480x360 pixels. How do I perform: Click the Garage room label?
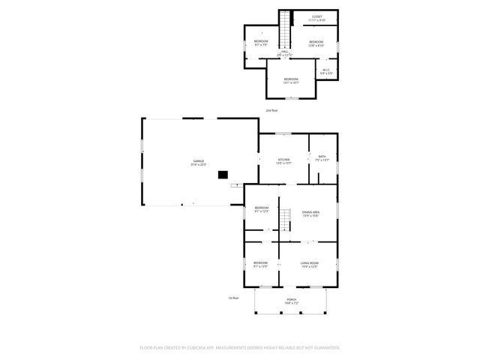199,163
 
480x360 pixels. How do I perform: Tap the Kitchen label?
284,161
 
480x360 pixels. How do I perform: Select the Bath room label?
322,158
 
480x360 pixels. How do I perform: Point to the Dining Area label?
310,214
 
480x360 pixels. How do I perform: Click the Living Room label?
310,265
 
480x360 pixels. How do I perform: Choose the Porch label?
291,301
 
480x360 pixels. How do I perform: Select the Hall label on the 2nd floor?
285,53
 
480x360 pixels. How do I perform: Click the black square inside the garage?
222,175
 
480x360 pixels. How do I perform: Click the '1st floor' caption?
233,298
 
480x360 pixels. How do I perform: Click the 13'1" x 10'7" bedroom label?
291,81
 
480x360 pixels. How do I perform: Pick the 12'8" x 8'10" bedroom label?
316,43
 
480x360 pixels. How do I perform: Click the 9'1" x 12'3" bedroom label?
261,209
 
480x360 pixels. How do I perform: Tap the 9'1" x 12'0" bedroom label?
261,265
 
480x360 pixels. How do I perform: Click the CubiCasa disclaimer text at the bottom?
240,348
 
